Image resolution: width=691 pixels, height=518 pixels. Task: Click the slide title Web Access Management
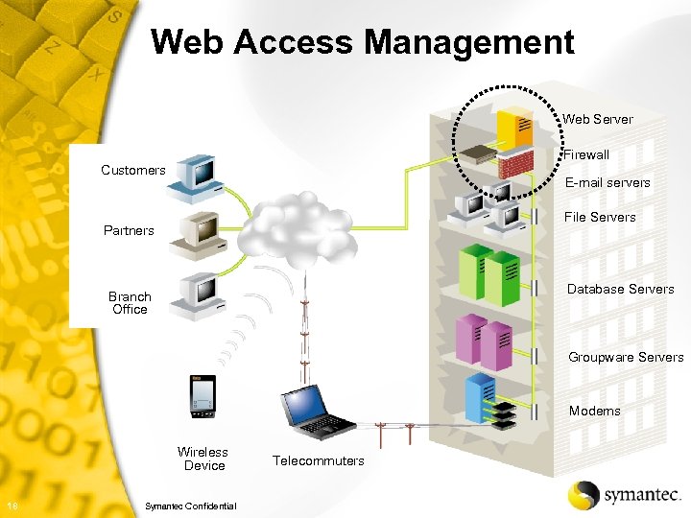click(x=363, y=42)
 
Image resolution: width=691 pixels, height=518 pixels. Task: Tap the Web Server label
click(x=597, y=119)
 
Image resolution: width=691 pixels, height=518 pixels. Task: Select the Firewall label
click(x=585, y=154)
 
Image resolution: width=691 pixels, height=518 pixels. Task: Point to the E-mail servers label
click(x=607, y=182)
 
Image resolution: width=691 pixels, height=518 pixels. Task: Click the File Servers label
click(x=599, y=217)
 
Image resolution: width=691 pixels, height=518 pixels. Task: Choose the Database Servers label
click(x=620, y=289)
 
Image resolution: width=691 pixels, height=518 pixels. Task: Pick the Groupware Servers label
click(x=625, y=357)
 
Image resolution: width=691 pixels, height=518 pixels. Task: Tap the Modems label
click(x=594, y=411)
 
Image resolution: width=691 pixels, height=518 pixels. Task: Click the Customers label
click(x=133, y=170)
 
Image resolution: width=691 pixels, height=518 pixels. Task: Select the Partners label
click(x=129, y=230)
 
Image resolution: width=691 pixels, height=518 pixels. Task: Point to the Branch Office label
click(x=130, y=303)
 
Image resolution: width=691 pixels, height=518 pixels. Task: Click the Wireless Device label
click(x=203, y=459)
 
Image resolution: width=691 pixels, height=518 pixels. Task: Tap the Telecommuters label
click(x=319, y=460)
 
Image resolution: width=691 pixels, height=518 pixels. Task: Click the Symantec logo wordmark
click(x=642, y=495)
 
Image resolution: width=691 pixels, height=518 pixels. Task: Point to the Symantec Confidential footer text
click(x=189, y=506)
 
